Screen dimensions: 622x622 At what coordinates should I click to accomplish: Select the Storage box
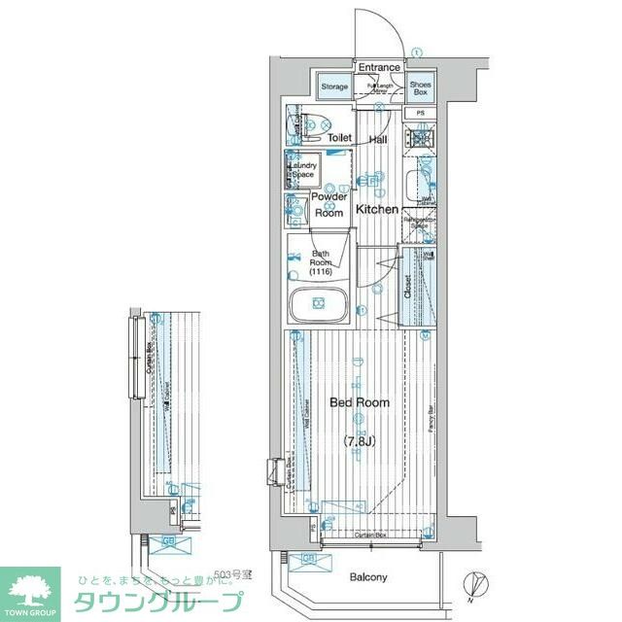tap(333, 86)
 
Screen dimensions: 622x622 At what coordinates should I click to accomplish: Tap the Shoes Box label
tap(420, 87)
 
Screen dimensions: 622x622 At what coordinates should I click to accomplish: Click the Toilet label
tap(339, 138)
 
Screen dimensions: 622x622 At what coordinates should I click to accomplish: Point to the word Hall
tap(378, 140)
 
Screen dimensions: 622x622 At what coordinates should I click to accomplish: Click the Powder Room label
tap(328, 204)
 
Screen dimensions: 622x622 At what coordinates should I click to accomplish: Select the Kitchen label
tap(376, 209)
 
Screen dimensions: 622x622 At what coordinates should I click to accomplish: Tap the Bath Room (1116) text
tap(321, 264)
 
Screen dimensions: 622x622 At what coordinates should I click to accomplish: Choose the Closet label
tap(408, 286)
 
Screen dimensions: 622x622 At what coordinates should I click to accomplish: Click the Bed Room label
tap(360, 402)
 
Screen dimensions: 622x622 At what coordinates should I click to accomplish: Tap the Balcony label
tap(369, 577)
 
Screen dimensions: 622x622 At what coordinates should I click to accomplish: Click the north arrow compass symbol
tap(473, 584)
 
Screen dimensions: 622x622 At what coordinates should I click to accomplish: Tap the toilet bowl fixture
tap(315, 124)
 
